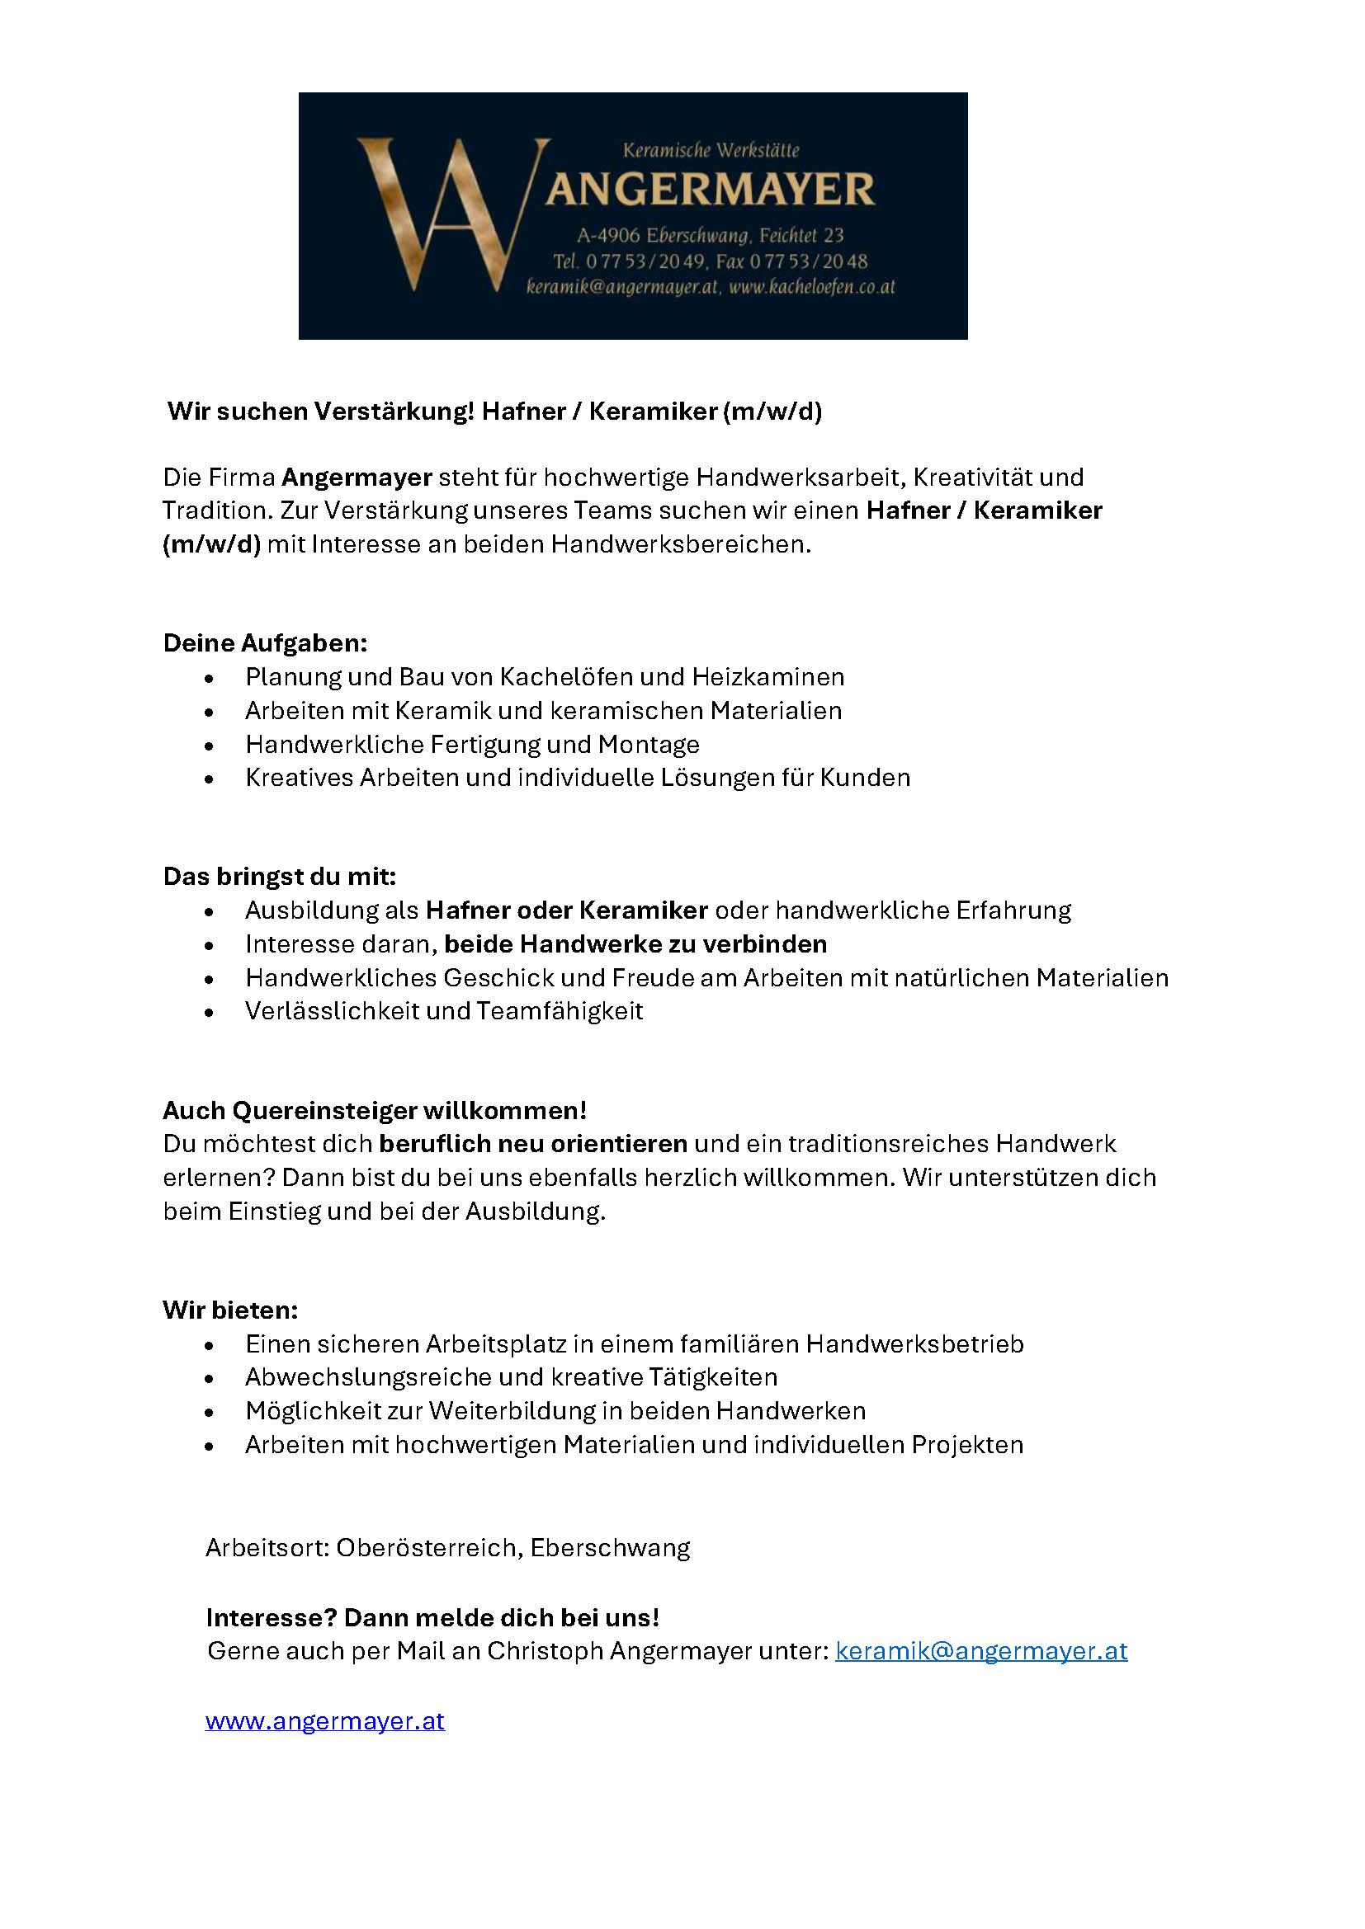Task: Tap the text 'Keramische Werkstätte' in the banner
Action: click(x=711, y=151)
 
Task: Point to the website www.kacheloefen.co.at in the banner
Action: click(x=812, y=287)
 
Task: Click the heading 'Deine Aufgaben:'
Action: click(x=265, y=643)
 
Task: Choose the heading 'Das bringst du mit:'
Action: click(x=279, y=877)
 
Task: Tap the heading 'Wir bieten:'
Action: click(x=230, y=1310)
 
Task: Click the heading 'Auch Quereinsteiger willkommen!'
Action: click(x=375, y=1111)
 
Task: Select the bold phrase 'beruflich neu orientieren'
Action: click(x=534, y=1145)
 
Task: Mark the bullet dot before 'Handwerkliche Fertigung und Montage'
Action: click(x=210, y=746)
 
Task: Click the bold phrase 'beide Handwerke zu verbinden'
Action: click(x=635, y=944)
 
